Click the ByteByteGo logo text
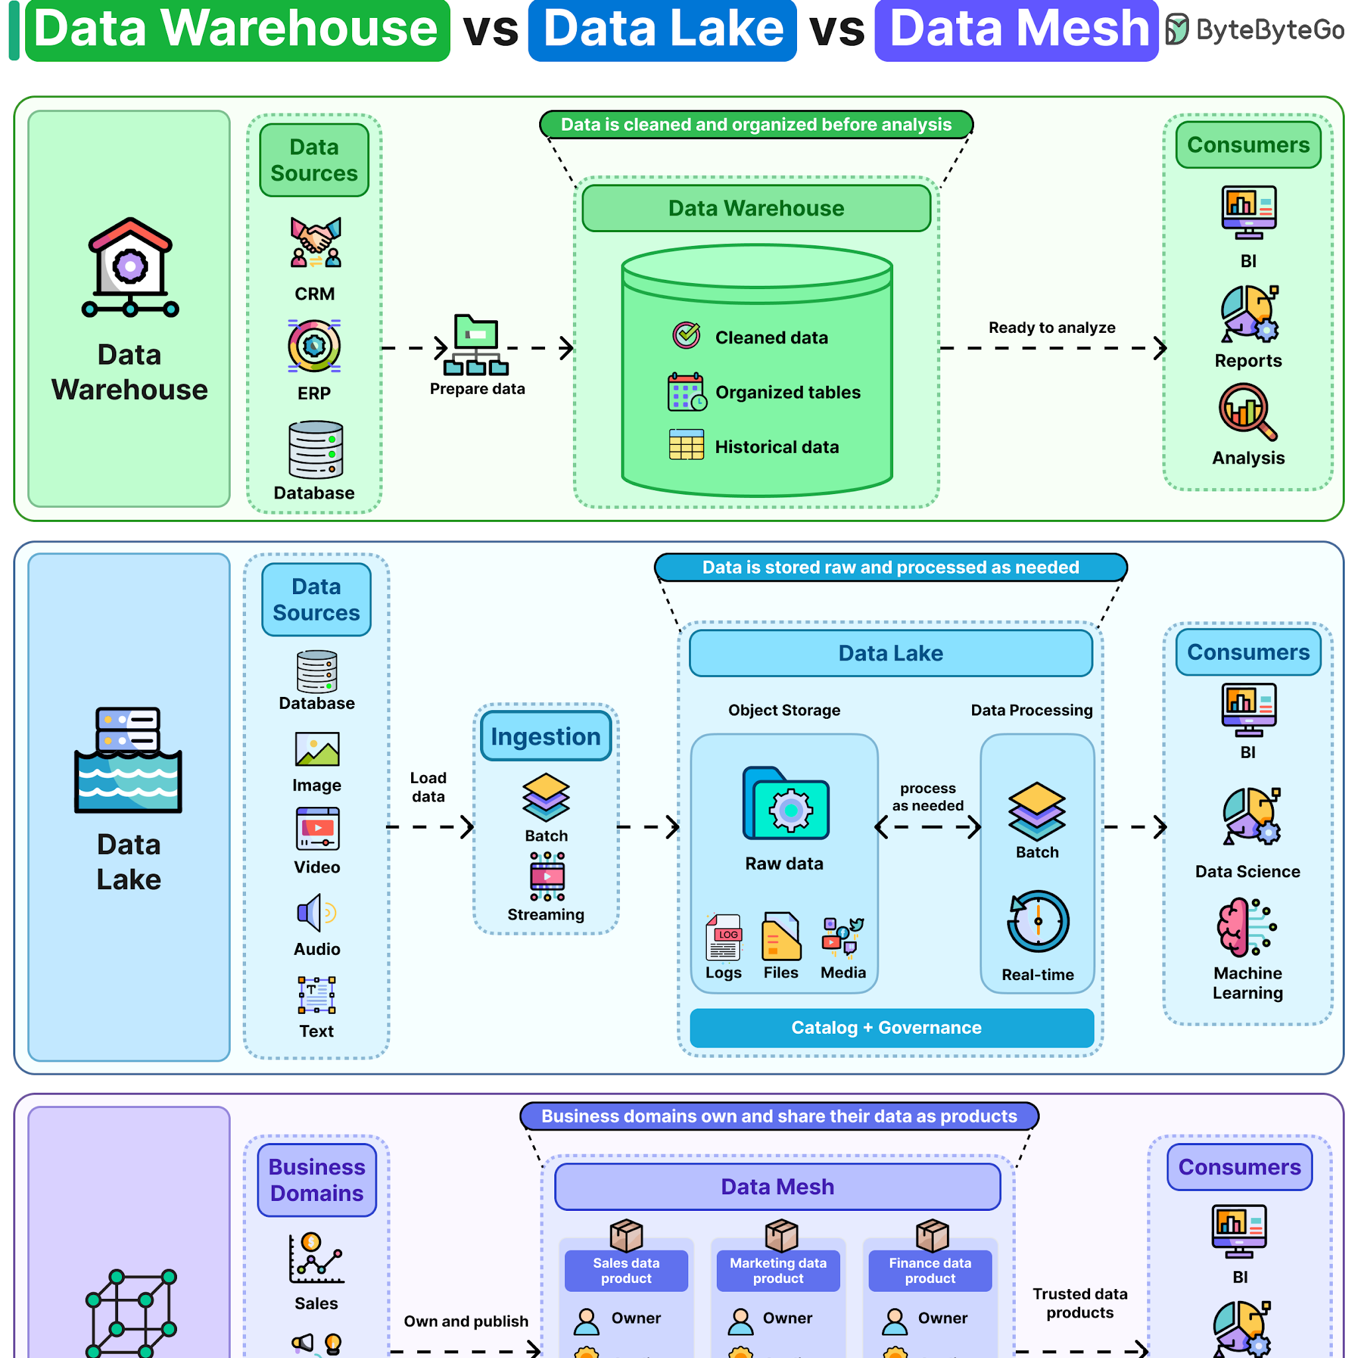point(1269,30)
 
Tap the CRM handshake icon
point(316,242)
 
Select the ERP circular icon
point(314,346)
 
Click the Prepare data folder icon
point(476,344)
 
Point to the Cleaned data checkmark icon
point(686,336)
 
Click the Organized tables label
point(788,393)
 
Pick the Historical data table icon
point(686,444)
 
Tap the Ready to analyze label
point(1052,328)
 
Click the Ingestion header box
point(546,736)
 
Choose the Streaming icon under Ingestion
point(547,876)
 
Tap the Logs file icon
point(723,937)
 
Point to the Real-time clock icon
point(1038,922)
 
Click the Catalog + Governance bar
point(892,1028)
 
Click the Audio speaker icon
point(316,913)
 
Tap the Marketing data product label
point(778,1270)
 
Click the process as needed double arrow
point(928,827)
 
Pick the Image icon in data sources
point(317,749)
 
